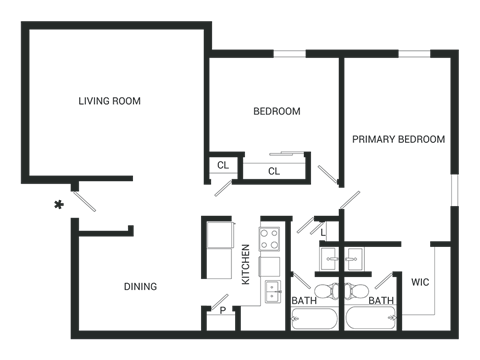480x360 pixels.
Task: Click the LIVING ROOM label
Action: (110, 101)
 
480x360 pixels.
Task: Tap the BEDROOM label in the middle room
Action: (276, 111)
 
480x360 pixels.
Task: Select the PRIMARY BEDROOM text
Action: (398, 139)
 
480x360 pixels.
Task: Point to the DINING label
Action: (140, 287)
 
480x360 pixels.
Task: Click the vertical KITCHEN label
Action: (245, 265)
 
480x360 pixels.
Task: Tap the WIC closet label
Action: (419, 281)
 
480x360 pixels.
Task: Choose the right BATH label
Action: (381, 299)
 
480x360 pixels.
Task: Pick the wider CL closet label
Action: (273, 171)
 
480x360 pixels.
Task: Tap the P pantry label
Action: (222, 311)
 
